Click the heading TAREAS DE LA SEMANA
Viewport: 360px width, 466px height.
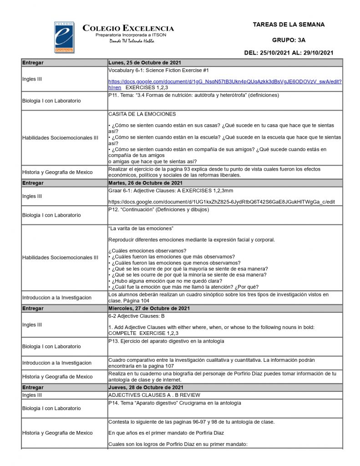289,25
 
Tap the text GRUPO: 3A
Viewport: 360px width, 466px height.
289,40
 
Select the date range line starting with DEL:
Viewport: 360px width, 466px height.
289,53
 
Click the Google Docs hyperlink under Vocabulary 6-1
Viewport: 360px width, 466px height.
225,81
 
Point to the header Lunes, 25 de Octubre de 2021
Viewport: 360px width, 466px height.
145,62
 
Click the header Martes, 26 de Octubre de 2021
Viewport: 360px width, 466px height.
146,183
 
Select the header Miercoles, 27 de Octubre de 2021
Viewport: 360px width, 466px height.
149,309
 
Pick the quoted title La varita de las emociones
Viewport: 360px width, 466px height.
141,228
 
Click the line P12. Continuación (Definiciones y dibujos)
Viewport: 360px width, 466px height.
158,210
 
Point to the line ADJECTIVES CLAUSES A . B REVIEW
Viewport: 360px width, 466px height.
154,395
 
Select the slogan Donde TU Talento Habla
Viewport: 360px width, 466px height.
132,41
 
